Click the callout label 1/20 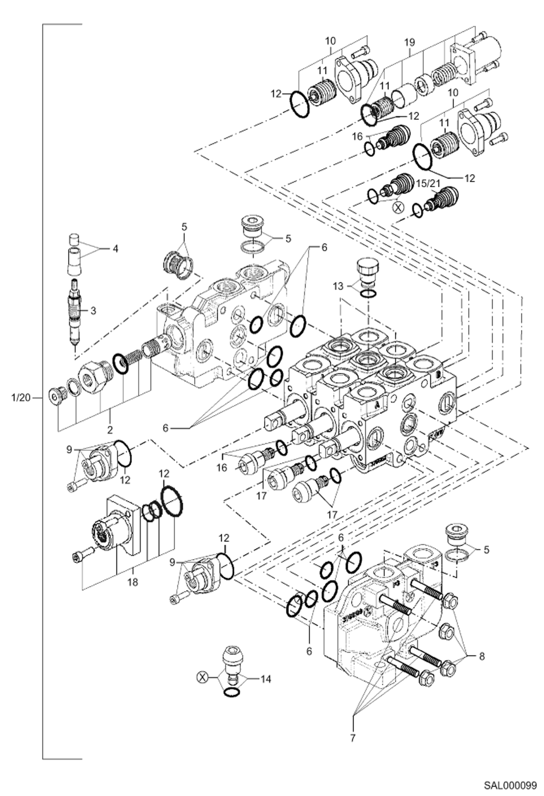pos(21,398)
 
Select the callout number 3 pos(93,311)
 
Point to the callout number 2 pos(110,430)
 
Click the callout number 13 pos(338,286)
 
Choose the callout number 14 pos(266,679)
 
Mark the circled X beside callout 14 pos(203,677)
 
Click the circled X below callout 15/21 pos(398,208)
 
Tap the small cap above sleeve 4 pos(74,240)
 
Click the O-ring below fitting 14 pos(232,693)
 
